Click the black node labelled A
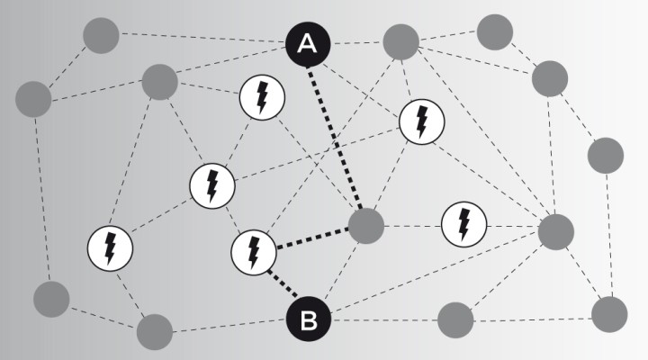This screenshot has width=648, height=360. point(308,44)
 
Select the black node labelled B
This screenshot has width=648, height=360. point(309,319)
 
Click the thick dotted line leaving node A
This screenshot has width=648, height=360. point(334,138)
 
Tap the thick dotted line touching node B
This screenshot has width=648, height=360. point(283,283)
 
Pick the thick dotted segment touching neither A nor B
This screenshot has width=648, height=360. point(313,238)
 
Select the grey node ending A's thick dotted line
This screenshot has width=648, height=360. point(366,226)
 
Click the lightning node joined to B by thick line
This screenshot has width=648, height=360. point(253,253)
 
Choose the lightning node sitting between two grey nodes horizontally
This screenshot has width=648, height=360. point(463,224)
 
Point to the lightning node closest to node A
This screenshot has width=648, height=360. point(262,97)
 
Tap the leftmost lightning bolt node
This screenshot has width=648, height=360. point(110,248)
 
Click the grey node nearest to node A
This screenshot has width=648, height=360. point(400,41)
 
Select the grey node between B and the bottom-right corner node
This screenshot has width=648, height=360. point(455,319)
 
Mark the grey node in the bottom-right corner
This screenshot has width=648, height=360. point(609,314)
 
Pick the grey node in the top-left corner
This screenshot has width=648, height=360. point(101,35)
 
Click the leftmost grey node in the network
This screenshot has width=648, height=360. point(33,99)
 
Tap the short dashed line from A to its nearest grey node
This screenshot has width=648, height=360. point(356,42)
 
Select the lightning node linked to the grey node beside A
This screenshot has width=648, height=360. point(421,121)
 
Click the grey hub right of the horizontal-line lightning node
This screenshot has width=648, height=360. point(556,232)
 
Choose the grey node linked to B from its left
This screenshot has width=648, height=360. point(155,332)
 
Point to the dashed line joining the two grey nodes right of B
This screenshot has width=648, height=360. point(533,319)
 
